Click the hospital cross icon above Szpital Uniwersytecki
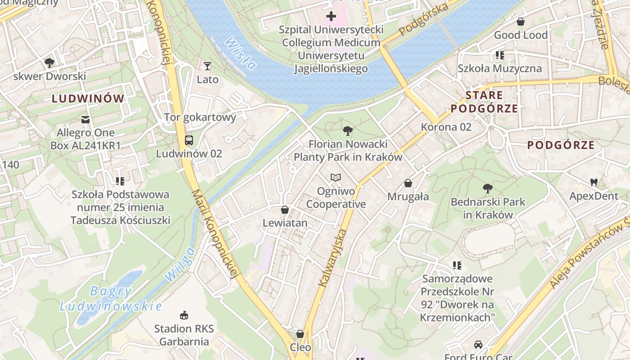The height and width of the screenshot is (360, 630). click(x=331, y=17)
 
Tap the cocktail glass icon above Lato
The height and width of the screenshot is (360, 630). click(x=207, y=66)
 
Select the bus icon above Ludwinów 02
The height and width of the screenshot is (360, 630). click(x=189, y=140)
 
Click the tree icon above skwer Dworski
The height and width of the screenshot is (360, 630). click(x=49, y=63)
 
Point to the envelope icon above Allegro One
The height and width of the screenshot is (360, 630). click(x=85, y=120)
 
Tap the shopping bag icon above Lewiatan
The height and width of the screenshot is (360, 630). click(x=285, y=210)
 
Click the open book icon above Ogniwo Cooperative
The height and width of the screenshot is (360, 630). click(x=336, y=178)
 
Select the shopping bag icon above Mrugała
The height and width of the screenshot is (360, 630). click(x=408, y=183)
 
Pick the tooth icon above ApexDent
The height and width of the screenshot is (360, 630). click(x=594, y=183)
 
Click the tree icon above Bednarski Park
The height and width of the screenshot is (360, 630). click(x=487, y=189)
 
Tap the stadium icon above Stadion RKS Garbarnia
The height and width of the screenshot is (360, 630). click(x=184, y=315)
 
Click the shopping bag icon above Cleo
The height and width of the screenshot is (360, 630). click(x=300, y=334)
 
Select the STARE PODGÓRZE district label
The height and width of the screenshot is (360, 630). click(x=484, y=102)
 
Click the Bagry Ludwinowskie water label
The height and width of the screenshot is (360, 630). click(x=111, y=299)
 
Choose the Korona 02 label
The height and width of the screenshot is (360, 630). click(x=446, y=127)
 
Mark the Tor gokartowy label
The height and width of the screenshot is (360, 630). click(x=200, y=117)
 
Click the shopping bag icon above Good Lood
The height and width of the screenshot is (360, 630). click(x=521, y=22)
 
